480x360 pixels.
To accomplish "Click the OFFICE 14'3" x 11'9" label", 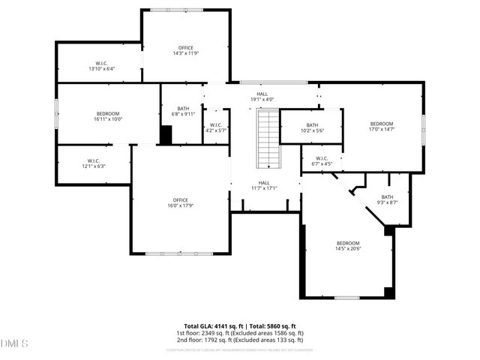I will (x=185, y=51).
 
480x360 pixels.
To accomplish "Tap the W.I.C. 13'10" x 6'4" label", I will (x=100, y=66).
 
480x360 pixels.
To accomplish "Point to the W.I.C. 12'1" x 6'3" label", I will (x=94, y=163).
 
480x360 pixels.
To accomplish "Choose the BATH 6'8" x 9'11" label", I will (x=183, y=112).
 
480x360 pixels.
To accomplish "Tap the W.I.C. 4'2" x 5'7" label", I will (x=215, y=127).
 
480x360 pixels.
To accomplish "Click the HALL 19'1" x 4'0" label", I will (x=262, y=97).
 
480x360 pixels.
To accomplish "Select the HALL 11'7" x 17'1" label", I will (x=265, y=185).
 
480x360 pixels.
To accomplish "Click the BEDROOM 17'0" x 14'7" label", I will (x=382, y=127).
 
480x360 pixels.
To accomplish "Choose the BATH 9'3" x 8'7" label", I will (x=387, y=199).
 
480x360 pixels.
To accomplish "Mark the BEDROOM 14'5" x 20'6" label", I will (x=348, y=246).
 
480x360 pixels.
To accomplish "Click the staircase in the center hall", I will (x=268, y=139).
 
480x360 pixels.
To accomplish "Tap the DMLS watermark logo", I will (x=14, y=344).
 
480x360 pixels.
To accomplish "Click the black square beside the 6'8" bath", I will (x=166, y=134).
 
